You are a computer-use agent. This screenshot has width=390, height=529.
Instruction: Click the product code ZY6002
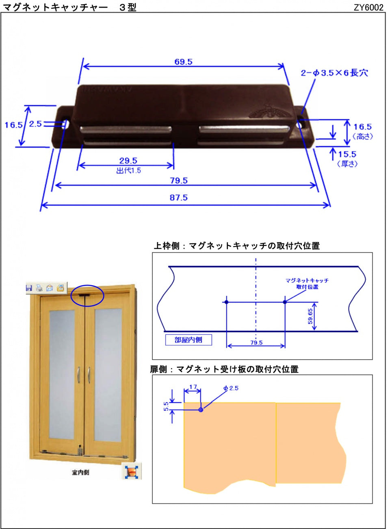[368, 7]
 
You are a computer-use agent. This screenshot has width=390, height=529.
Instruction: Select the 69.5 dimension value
[183, 62]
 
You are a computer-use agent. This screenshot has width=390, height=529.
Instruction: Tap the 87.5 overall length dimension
[178, 197]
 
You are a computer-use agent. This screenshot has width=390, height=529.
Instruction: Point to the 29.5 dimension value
[128, 160]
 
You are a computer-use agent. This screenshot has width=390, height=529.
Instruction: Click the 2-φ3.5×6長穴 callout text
[334, 73]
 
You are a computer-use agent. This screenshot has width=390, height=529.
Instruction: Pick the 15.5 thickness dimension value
[347, 154]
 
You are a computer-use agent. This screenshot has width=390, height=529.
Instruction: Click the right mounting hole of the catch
[300, 124]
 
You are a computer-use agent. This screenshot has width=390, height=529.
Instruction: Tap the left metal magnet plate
[126, 130]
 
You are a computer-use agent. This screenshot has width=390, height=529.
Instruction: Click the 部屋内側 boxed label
[188, 340]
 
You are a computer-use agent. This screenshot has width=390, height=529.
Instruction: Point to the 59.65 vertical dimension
[310, 316]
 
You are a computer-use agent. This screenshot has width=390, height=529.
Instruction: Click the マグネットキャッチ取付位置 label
[307, 284]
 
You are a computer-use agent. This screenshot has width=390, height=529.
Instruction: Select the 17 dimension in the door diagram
[193, 387]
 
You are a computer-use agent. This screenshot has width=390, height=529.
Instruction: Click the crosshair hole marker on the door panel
[201, 410]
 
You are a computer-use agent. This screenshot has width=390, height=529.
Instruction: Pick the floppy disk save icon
[29, 288]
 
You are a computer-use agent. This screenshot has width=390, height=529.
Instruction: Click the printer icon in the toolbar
[39, 288]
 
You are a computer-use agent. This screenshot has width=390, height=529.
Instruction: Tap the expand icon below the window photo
[132, 471]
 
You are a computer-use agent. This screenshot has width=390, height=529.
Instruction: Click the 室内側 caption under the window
[80, 473]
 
